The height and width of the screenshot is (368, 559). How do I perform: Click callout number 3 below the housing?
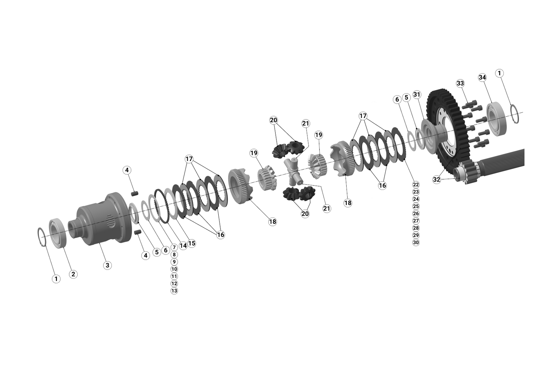(107, 265)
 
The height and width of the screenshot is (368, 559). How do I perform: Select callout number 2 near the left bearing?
(73, 274)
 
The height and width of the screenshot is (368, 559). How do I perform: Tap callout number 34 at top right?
(482, 78)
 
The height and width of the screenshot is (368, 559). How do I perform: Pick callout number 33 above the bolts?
(460, 83)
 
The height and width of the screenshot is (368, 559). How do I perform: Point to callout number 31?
(416, 95)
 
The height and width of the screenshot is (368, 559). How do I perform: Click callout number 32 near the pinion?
(436, 179)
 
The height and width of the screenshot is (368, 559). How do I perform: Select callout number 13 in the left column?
(174, 291)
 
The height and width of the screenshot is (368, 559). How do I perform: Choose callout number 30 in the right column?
(416, 243)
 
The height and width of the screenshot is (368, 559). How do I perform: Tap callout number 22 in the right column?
(416, 184)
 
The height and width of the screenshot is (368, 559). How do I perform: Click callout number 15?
(191, 243)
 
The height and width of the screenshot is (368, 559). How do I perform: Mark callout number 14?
(183, 245)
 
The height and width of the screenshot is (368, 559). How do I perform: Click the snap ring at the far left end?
(42, 237)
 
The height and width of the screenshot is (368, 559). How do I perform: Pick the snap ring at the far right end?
(515, 113)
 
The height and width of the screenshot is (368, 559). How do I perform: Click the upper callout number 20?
(273, 120)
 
